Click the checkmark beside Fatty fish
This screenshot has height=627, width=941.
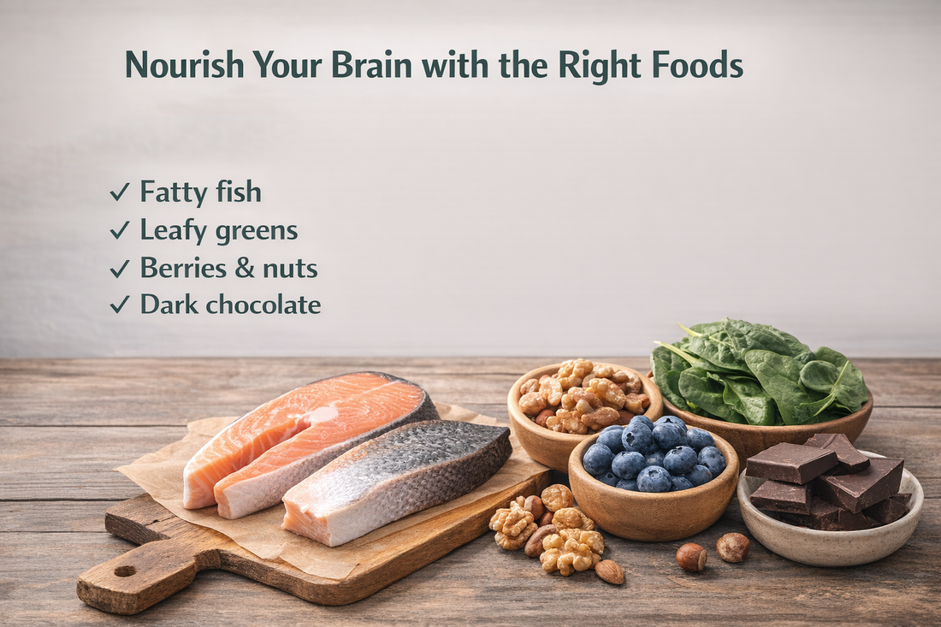[119, 193]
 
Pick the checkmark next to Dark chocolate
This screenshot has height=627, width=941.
[119, 305]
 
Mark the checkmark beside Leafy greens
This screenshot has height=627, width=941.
[119, 231]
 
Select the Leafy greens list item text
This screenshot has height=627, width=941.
[219, 231]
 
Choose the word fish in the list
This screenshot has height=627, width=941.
[240, 192]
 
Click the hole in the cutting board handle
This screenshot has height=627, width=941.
[124, 571]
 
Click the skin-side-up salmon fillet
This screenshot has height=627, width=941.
[398, 479]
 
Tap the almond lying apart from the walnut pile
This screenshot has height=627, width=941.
[610, 571]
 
